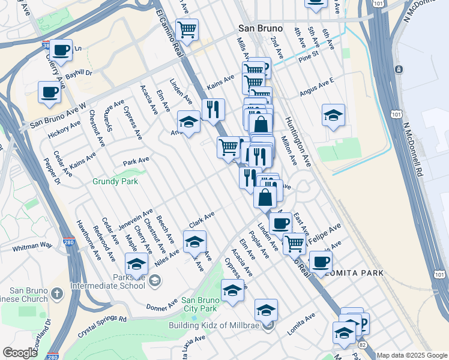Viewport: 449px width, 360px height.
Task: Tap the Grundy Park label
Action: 115,181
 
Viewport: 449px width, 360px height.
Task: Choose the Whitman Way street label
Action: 32,246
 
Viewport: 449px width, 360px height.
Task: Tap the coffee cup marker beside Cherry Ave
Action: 60,50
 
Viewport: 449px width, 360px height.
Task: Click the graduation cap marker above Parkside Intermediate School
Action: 136,264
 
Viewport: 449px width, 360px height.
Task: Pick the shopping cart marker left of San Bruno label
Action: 187,29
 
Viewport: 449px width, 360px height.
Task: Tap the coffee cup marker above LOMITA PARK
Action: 321,262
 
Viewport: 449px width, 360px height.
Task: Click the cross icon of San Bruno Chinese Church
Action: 56,293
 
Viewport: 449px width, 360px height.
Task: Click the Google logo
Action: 20,353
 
